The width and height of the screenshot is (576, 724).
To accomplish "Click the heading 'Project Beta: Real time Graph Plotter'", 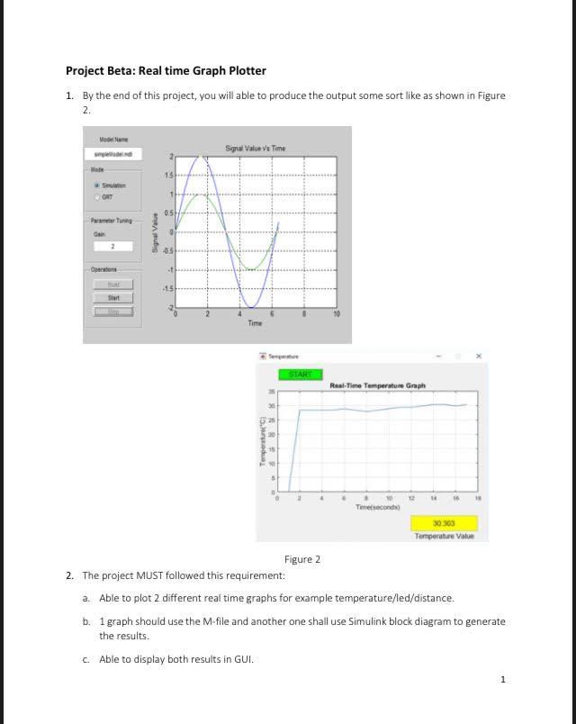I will pyautogui.click(x=166, y=70).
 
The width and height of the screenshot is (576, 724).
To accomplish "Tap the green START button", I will pyautogui.click(x=300, y=374).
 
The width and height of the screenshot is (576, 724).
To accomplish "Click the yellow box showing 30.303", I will pyautogui.click(x=443, y=522).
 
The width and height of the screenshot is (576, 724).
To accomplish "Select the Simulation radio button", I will pyautogui.click(x=97, y=184).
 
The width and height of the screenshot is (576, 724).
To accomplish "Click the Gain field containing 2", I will pyautogui.click(x=113, y=246).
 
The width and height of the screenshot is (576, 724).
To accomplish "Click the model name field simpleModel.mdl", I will pyautogui.click(x=113, y=154).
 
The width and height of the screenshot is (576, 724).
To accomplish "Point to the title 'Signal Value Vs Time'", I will pyautogui.click(x=255, y=148).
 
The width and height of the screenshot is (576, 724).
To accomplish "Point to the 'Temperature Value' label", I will pyautogui.click(x=444, y=536).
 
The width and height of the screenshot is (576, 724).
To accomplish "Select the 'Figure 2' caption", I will pyautogui.click(x=302, y=559).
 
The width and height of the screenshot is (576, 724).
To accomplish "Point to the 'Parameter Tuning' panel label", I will pyautogui.click(x=112, y=220).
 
